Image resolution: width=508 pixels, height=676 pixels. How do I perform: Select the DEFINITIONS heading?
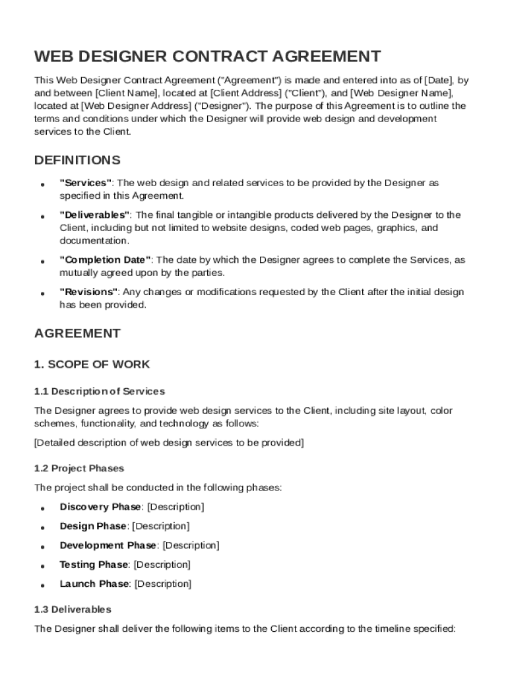coord(77,160)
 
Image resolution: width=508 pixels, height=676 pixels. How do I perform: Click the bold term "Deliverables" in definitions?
coord(95,215)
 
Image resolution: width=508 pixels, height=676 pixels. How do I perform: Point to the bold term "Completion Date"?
coord(106,260)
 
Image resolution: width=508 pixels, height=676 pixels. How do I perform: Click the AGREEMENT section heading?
coord(77,333)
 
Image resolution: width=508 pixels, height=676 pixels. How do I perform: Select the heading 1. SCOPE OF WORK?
coord(92,364)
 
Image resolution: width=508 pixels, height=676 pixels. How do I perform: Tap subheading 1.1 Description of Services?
coord(100,391)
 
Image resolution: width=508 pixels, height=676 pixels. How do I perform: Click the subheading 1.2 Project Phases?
coord(79,468)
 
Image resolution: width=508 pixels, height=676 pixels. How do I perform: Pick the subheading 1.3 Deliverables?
coord(73,609)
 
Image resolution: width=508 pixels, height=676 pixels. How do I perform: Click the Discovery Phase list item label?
coord(100,507)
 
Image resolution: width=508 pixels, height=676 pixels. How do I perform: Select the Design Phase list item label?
coord(93,526)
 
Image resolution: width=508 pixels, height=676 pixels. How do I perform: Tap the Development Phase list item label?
coord(108,545)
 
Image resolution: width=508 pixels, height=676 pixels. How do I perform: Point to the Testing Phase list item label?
coord(94,564)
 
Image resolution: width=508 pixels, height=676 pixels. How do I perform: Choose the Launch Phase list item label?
coord(94,584)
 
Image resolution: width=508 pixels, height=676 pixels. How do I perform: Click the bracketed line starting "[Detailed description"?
coord(169,443)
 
